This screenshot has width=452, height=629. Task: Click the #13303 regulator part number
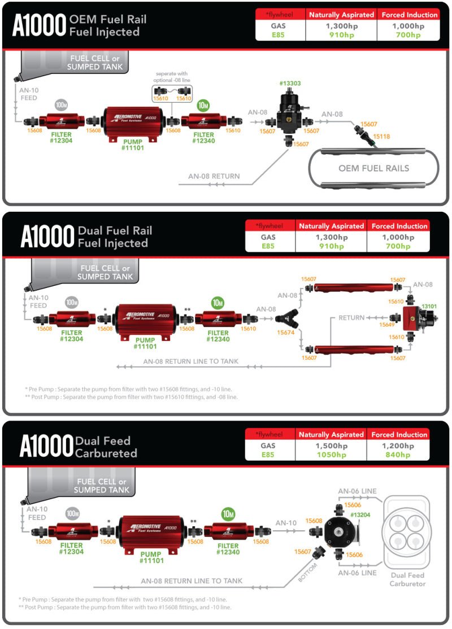tap(290, 83)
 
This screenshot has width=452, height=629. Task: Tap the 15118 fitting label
tap(381, 136)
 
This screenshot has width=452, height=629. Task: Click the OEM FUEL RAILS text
tap(373, 168)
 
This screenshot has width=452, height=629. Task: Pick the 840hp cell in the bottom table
tap(399, 455)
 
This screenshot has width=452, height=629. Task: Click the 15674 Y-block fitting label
tap(285, 333)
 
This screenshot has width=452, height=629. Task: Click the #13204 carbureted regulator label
tap(360, 515)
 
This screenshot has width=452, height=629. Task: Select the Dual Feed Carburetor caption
tap(407, 579)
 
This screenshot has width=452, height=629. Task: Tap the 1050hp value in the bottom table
tap(331, 455)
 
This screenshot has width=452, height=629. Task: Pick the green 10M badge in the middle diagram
tap(218, 303)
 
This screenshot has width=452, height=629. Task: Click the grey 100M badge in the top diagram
tap(62, 105)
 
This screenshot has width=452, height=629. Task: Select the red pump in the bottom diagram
tap(151, 533)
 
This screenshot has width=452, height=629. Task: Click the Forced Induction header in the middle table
tap(399, 226)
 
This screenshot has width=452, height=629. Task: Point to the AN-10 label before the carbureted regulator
tap(286, 523)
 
